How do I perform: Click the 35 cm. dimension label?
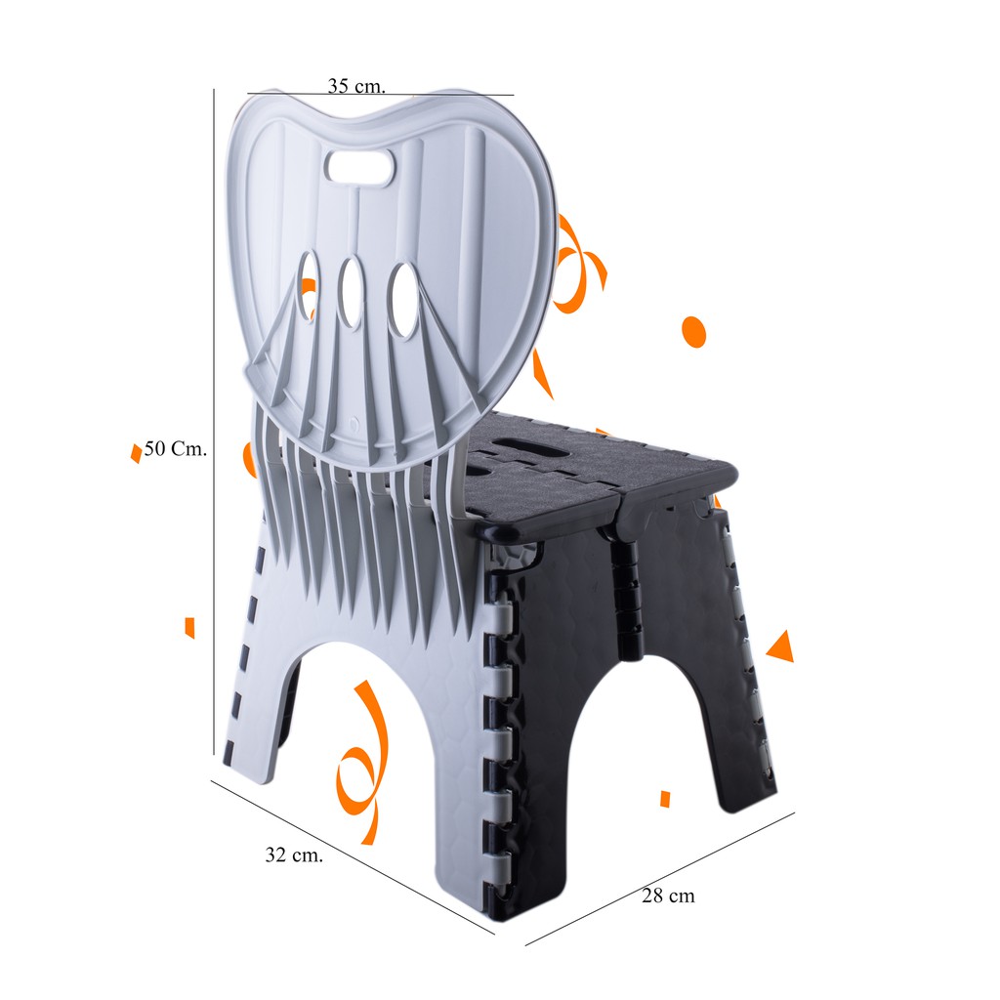point(356,86)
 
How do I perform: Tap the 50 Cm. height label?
point(176,448)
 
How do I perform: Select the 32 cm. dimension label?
point(294,854)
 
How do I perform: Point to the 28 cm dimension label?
point(668,896)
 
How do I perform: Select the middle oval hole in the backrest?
point(351,293)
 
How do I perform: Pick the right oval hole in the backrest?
point(403,300)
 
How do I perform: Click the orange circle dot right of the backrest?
point(693,331)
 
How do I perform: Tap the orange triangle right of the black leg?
point(781,646)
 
